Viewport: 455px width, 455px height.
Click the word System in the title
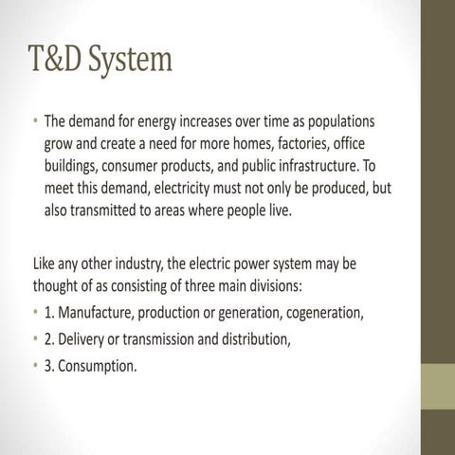pyautogui.click(x=132, y=61)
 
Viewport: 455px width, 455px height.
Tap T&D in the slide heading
pyautogui.click(x=58, y=61)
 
